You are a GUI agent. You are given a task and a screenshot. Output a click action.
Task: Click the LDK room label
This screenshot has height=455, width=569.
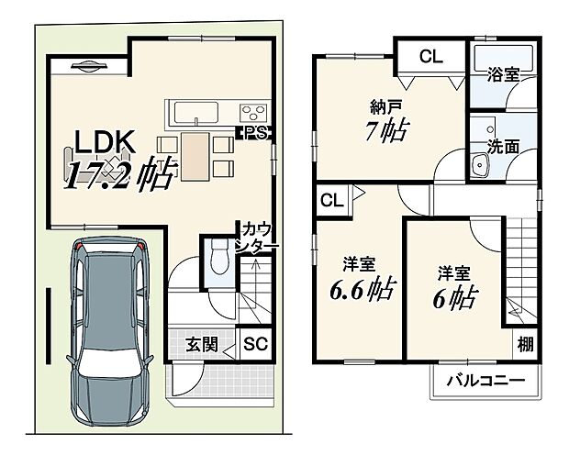coord(106,142)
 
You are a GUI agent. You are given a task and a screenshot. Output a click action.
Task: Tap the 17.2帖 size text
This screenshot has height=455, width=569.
coord(118,172)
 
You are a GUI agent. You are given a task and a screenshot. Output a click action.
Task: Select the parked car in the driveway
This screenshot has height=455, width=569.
coord(109,334)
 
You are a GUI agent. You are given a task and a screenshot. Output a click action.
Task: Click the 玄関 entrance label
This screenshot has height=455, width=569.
coord(203,345)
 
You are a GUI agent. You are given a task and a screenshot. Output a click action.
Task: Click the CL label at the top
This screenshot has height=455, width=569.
coord(430,57)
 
